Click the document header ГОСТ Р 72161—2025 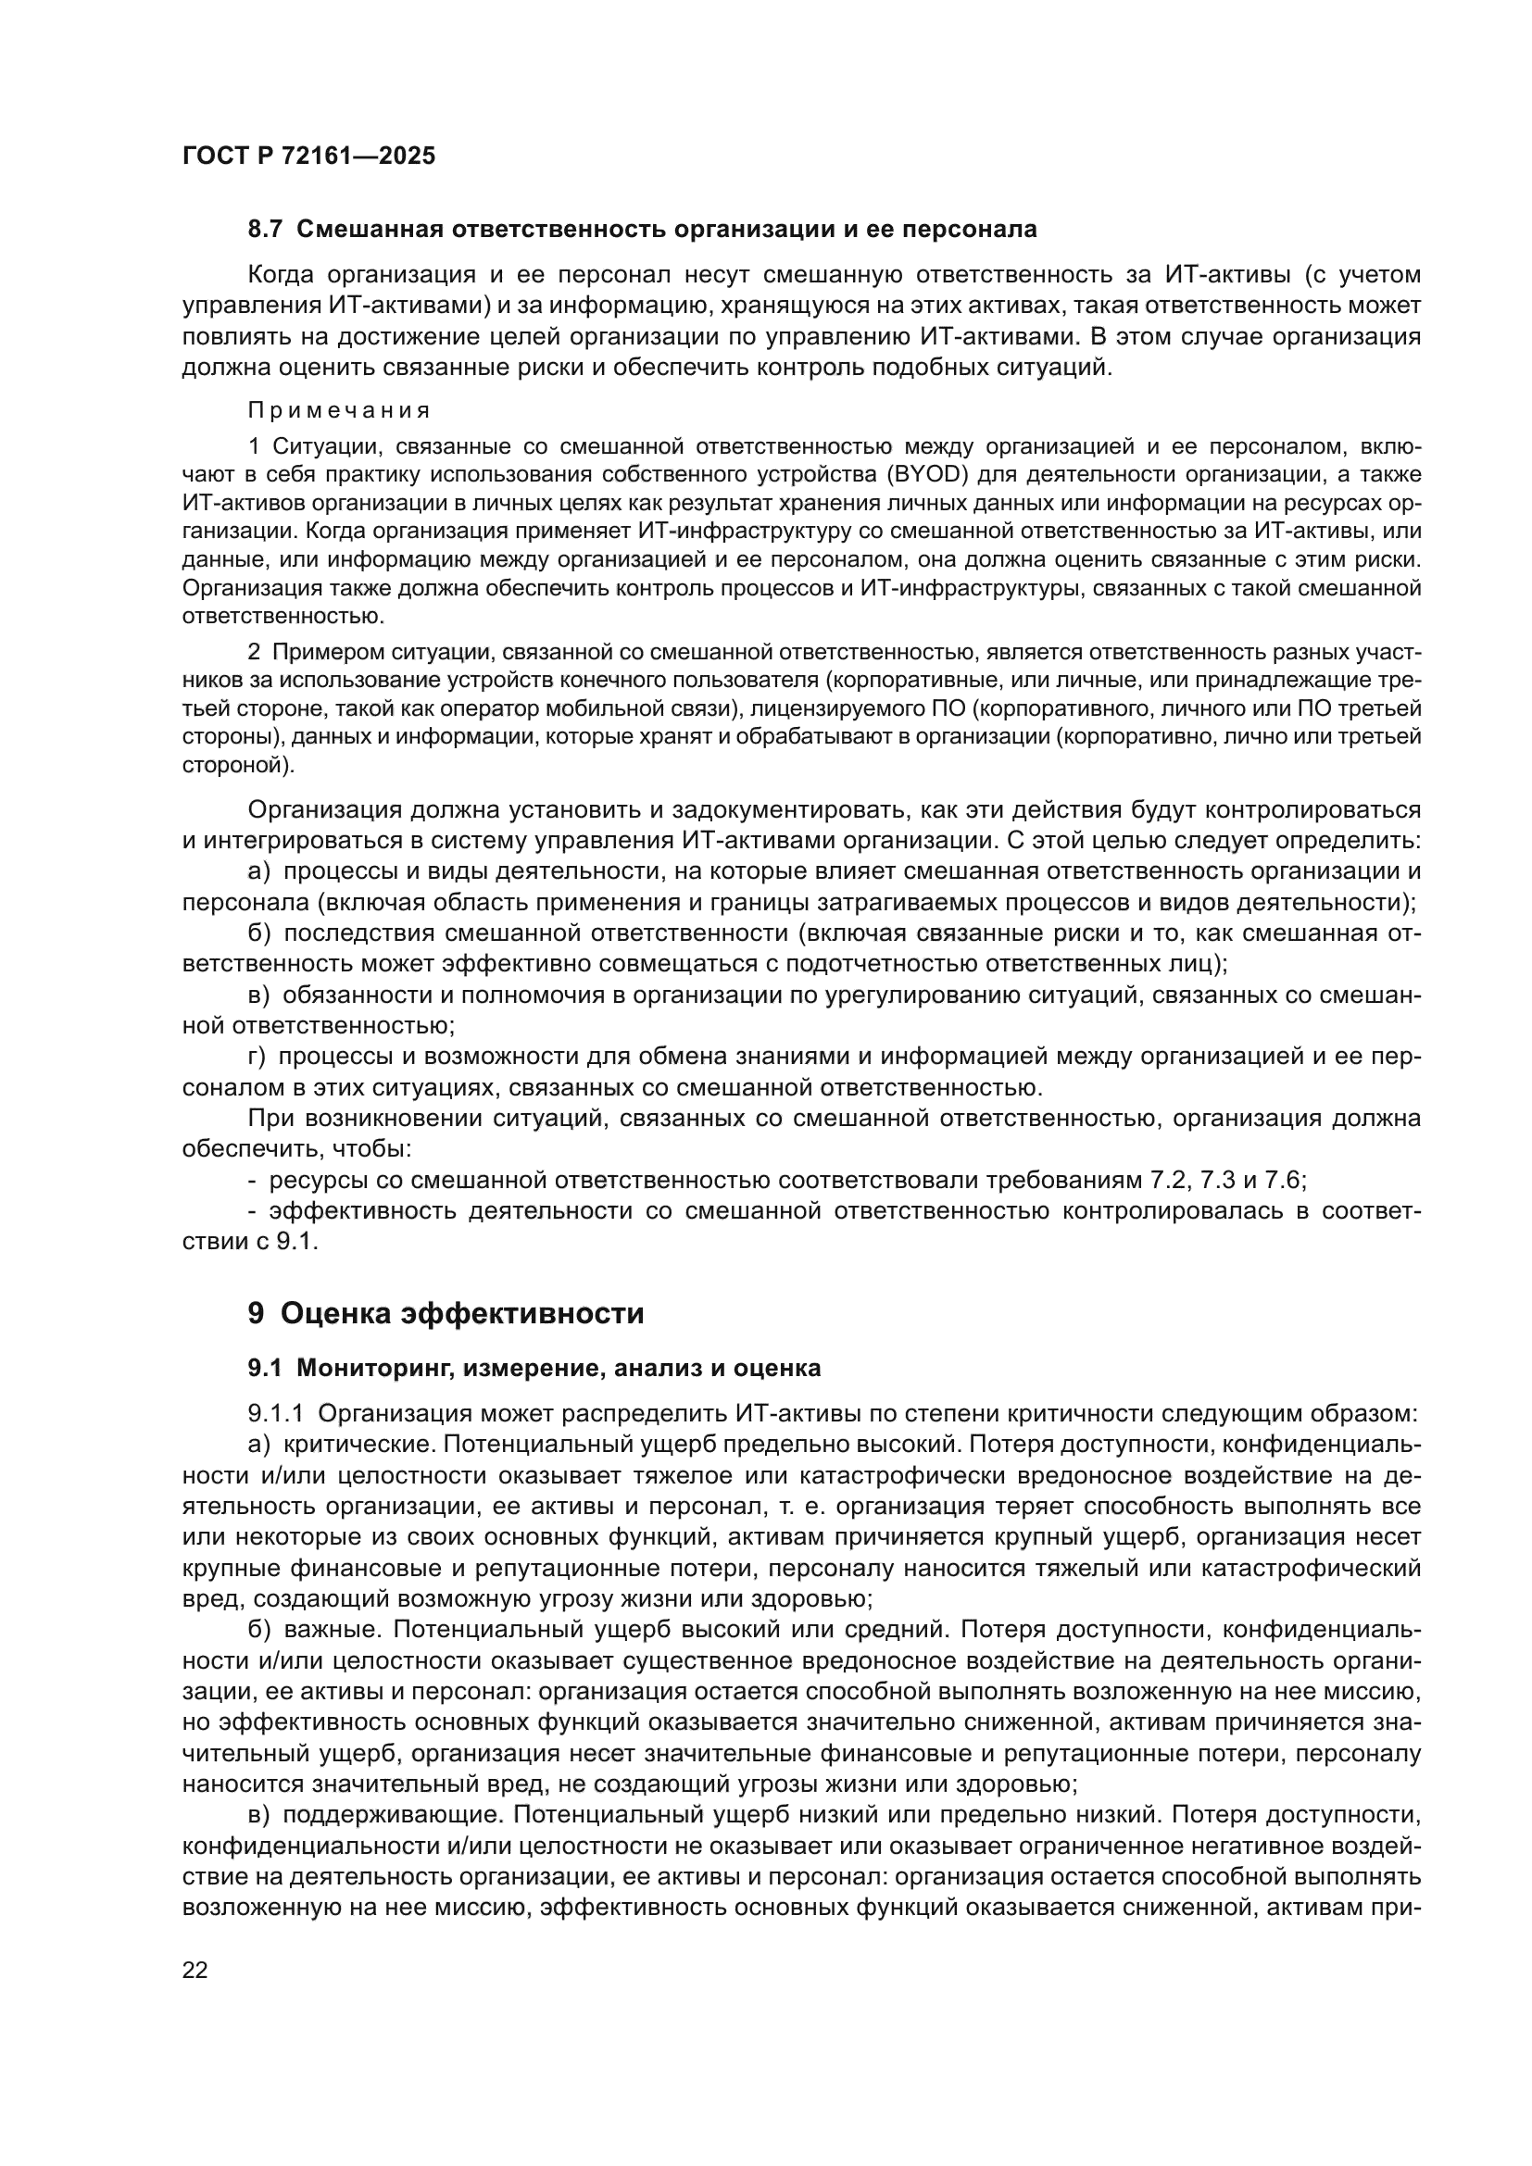coord(308,157)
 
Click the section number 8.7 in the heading coord(265,230)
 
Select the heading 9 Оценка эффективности coord(446,1313)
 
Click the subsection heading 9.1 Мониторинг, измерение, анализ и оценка coord(534,1368)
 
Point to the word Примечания coord(339,410)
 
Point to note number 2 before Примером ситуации coord(253,652)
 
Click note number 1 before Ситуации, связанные coord(253,446)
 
